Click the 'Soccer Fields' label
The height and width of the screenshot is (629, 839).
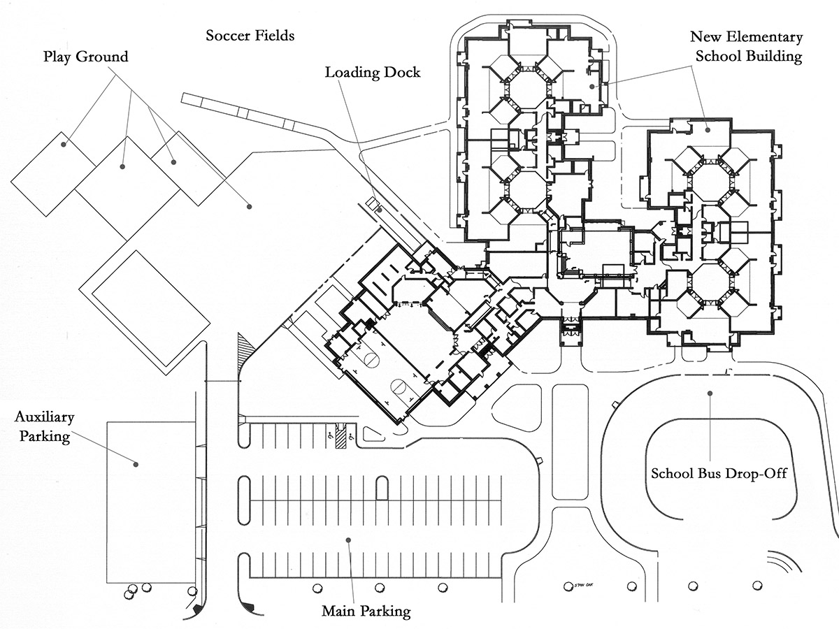tap(250, 35)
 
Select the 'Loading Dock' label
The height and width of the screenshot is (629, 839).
tap(373, 72)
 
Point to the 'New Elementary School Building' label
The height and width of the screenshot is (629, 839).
tap(745, 47)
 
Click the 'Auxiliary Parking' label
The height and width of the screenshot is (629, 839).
tap(45, 427)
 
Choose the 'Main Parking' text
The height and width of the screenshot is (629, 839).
tap(366, 612)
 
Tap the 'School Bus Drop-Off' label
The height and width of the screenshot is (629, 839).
tap(719, 473)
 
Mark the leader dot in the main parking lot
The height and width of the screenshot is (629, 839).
tap(347, 540)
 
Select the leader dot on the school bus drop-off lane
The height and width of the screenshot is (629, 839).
tap(710, 393)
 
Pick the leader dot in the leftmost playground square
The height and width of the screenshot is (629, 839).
tap(63, 145)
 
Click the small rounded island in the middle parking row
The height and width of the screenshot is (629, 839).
tap(382, 488)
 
